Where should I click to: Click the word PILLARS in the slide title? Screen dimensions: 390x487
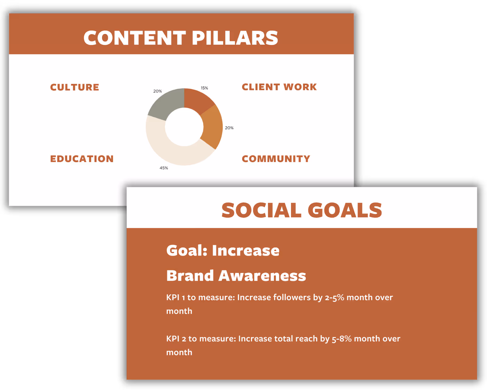235,38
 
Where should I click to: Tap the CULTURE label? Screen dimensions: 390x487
75,87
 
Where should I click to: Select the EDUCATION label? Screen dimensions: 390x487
82,159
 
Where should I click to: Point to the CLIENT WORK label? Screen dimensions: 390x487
279,87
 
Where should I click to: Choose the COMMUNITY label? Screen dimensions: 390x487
276,159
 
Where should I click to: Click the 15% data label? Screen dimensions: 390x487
204,88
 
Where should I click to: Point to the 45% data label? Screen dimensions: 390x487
164,168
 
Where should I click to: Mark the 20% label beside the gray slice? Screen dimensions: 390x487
157,91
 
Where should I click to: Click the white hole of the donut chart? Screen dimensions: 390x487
184,127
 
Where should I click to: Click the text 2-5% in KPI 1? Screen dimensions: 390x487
334,298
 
